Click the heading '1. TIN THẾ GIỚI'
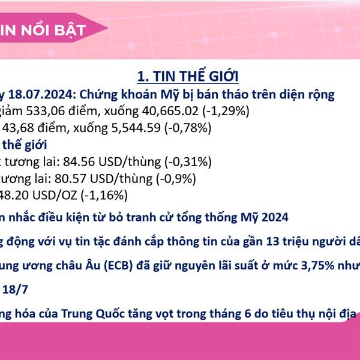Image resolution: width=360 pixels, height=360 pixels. click(188, 76)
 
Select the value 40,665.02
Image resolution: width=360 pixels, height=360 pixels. click(170, 111)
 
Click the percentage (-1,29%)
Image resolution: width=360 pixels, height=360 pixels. click(226, 111)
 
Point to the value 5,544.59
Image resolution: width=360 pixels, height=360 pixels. click(136, 128)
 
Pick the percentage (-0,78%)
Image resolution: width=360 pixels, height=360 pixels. click(188, 128)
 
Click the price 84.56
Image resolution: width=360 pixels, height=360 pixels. click(79, 161)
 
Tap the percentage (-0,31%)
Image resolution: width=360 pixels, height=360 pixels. click(188, 162)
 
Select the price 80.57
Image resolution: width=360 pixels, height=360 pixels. click(70, 179)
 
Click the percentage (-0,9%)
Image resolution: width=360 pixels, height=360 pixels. click(176, 179)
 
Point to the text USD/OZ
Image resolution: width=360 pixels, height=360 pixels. click(55, 196)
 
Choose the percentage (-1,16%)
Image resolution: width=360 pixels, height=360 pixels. click(104, 196)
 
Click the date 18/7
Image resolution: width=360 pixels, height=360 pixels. click(15, 289)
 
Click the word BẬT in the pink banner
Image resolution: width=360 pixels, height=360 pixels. click(70, 31)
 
